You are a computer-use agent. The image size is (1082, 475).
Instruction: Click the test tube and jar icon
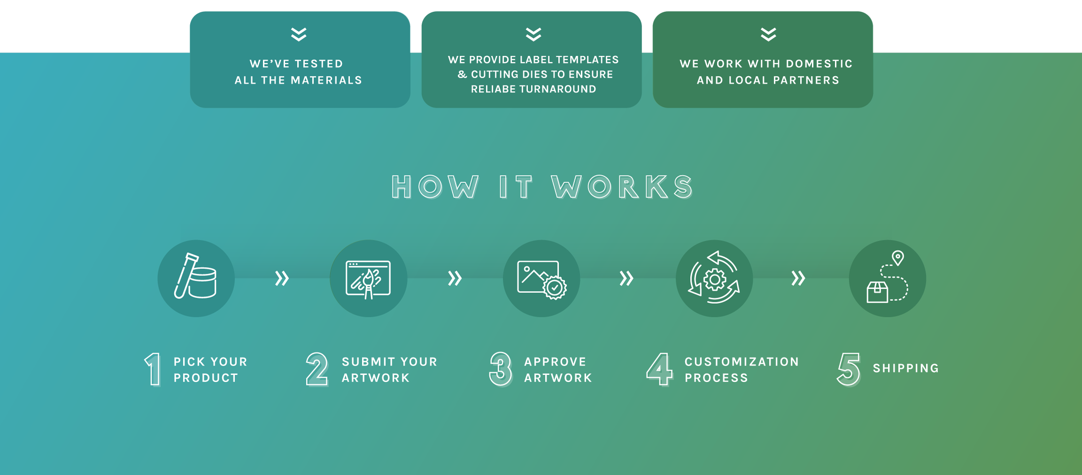pos(196,278)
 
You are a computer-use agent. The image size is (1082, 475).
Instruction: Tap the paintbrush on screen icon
pos(368,279)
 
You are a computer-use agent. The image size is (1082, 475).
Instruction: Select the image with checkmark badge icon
pos(541,279)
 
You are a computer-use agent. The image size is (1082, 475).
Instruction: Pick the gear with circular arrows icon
pos(714,278)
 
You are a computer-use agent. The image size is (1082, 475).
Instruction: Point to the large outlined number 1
pos(153,369)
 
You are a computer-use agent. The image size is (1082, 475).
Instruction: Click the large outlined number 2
pos(317,369)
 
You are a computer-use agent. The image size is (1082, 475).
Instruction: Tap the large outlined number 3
pos(501,369)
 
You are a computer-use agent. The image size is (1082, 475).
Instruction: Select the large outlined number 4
pos(660,369)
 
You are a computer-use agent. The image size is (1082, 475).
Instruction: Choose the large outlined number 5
pos(849,369)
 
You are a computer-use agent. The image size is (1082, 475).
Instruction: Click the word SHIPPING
pos(906,368)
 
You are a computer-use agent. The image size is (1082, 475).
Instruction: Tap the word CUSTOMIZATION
pos(742,362)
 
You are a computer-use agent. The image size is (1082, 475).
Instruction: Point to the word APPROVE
pos(555,362)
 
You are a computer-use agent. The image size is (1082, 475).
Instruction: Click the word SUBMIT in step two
pos(368,362)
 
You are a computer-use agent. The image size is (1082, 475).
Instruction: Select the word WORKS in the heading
pos(622,187)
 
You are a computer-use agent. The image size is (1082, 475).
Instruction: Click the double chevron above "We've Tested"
pos(299,34)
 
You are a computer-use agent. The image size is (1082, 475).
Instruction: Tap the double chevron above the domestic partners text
pos(768,34)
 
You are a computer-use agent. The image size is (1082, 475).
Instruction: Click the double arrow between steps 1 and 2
pos(282,278)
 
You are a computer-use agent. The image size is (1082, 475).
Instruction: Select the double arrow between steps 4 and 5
pos(798,278)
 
